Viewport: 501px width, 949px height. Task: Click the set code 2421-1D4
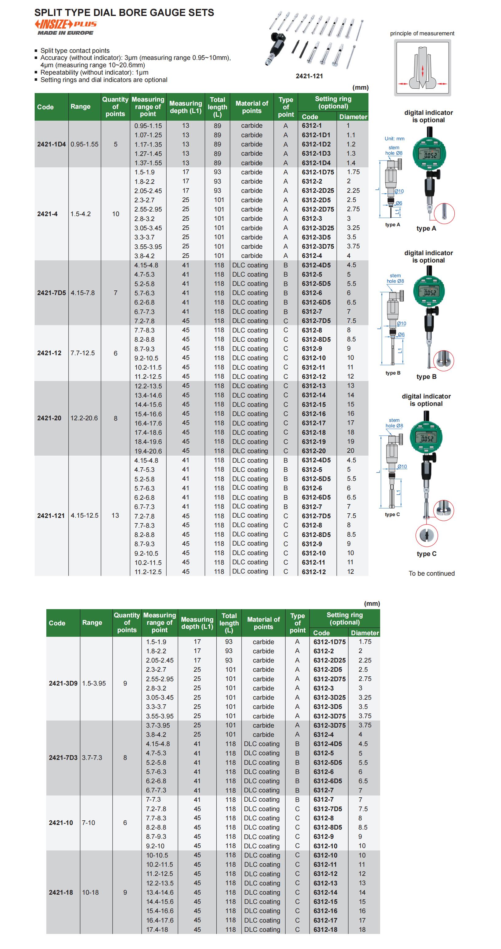point(51,144)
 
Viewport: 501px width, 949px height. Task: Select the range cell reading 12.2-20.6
point(84,418)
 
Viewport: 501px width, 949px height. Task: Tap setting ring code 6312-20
point(314,451)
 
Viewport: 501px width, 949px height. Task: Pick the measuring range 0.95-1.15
point(148,126)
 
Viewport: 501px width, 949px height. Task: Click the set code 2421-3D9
point(63,683)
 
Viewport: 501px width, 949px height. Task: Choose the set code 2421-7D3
point(63,757)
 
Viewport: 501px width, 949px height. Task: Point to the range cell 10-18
point(90,892)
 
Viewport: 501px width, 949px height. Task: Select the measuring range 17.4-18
point(157,929)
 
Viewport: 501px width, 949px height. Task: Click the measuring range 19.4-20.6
point(148,451)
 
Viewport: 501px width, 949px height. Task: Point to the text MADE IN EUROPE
point(66,33)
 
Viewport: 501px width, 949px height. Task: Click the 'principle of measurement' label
point(422,33)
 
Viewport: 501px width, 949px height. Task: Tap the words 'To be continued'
point(431,573)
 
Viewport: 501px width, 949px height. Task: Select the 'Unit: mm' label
point(394,138)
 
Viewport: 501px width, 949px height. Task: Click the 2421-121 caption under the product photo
point(309,76)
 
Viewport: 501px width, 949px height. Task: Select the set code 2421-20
point(49,418)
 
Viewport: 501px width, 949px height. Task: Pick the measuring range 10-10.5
point(157,855)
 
